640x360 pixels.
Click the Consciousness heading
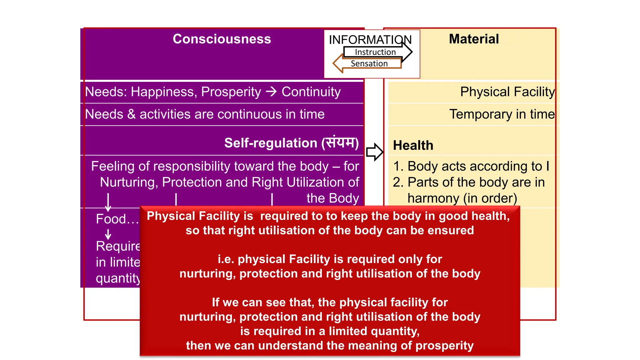(x=222, y=39)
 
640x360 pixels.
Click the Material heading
(x=474, y=39)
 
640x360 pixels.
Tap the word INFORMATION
(x=370, y=40)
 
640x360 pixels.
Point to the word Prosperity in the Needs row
(x=231, y=92)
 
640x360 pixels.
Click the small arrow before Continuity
(x=271, y=92)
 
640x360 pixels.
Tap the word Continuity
(x=311, y=92)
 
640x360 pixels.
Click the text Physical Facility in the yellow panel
(x=507, y=92)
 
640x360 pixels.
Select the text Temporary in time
(x=502, y=114)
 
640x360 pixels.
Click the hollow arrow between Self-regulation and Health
(x=374, y=152)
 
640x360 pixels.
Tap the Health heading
(x=413, y=145)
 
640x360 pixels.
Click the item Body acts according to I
(x=471, y=166)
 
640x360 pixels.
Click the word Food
(x=111, y=219)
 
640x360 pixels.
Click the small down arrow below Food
(x=108, y=234)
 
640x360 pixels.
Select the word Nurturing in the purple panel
(x=128, y=182)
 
